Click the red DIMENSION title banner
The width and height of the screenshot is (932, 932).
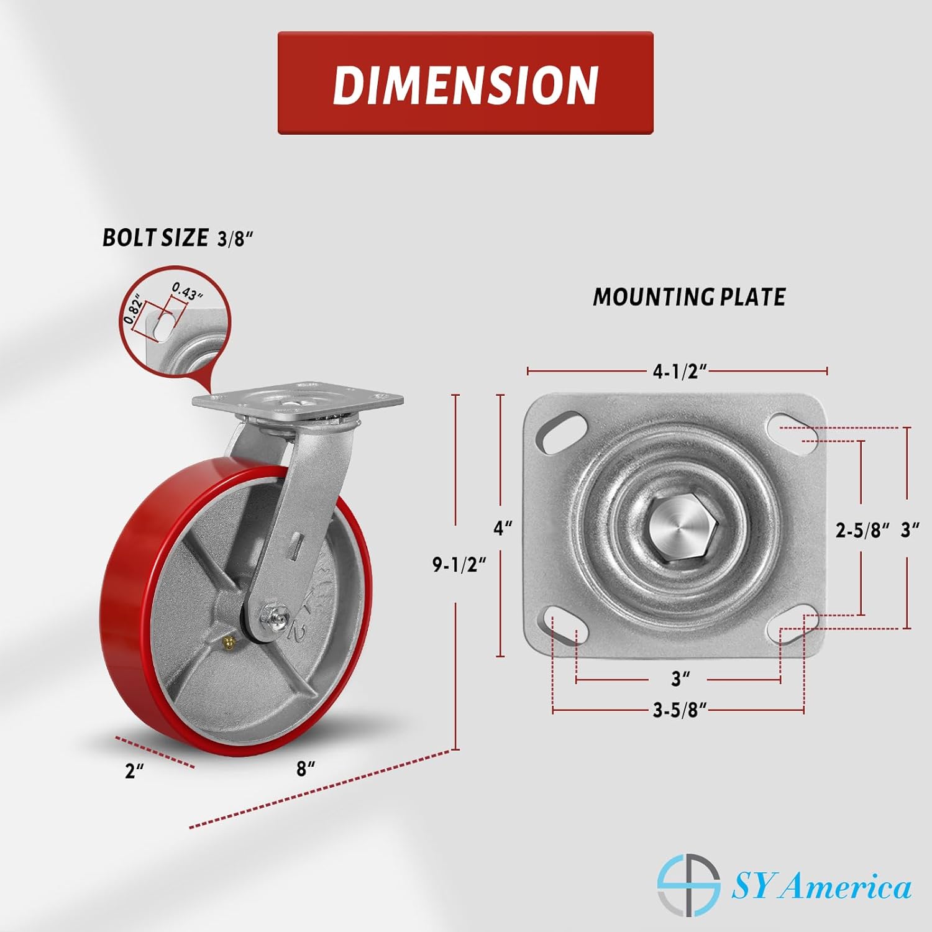[465, 83]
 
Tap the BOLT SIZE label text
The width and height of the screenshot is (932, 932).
[155, 238]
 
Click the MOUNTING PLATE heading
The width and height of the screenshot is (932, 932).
[689, 297]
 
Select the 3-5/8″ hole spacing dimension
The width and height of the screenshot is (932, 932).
[680, 710]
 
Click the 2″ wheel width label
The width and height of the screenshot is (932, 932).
[134, 772]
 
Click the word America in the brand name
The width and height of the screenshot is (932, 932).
[848, 887]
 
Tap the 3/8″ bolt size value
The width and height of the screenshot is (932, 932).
[235, 240]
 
